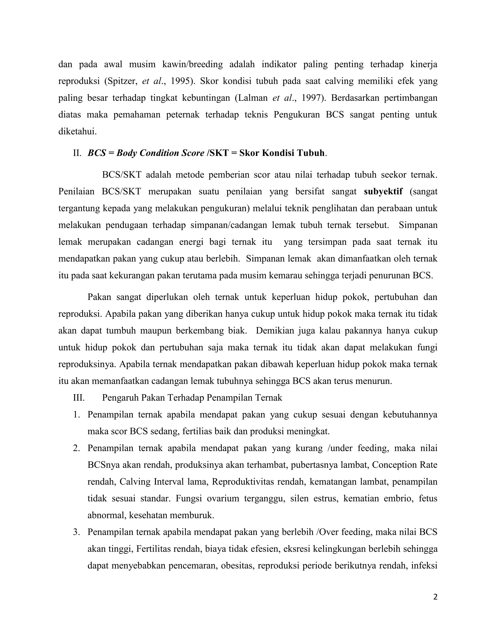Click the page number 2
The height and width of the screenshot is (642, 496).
(435, 597)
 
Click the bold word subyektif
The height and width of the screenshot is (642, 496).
(383, 192)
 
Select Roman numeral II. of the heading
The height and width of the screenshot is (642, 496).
(77, 153)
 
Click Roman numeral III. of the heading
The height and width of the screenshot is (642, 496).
(79, 398)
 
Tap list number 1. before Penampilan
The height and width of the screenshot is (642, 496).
(77, 415)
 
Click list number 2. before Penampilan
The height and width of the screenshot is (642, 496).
(77, 448)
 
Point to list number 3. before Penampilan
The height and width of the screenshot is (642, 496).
(77, 532)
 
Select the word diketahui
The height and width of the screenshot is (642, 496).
(77, 131)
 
